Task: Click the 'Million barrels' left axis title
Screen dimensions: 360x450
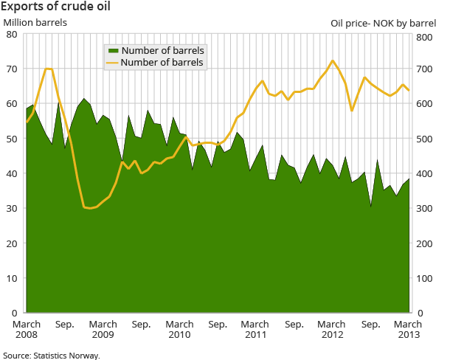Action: tap(35, 22)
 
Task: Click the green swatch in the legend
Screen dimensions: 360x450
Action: tap(113, 50)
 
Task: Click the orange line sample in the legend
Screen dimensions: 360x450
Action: tap(113, 63)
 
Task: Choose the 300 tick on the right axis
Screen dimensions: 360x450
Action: tap(429, 209)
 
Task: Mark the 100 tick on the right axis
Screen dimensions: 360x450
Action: tap(429, 279)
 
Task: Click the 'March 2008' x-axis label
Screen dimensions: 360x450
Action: tap(27, 329)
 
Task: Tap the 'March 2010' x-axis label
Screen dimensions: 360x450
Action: tap(179, 329)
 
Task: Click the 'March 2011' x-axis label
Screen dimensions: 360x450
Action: tap(255, 329)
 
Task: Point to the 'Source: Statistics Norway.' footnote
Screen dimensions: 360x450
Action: tap(51, 355)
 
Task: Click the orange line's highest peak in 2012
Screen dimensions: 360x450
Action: tap(333, 60)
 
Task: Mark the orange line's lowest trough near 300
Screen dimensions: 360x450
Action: tap(90, 209)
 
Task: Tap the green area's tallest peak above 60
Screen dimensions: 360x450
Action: tap(84, 99)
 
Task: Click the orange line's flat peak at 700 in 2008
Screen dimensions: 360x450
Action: tap(49, 69)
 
